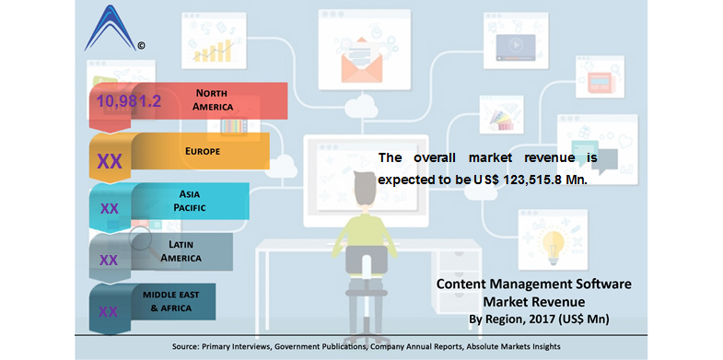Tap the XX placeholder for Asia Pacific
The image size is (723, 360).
pos(110,209)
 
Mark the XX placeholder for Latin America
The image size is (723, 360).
pos(109,260)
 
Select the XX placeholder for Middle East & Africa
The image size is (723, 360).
pos(108,311)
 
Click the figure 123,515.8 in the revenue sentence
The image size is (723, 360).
pos(535,180)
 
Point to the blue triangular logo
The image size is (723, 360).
pos(111,29)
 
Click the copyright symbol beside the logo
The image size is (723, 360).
pos(141,44)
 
